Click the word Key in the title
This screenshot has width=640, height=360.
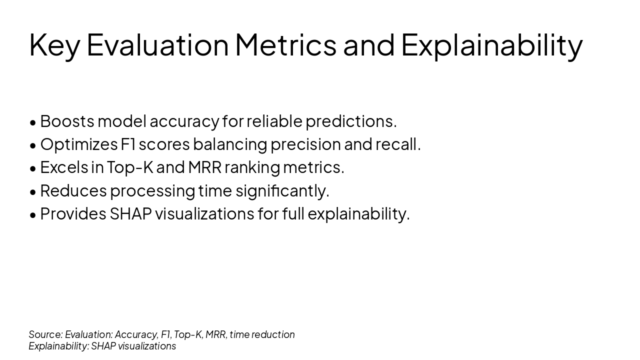point(54,45)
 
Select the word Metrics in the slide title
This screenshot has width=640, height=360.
point(285,45)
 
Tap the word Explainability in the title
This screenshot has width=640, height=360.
point(491,45)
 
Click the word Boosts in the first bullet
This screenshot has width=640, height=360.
point(67,121)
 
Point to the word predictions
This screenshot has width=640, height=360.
point(350,121)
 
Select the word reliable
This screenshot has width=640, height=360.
point(274,121)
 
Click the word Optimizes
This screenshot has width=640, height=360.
point(78,144)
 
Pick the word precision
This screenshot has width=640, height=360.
point(305,144)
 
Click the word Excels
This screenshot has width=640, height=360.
point(64,167)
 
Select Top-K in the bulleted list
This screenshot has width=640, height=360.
point(130,167)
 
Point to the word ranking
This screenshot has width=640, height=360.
point(252,167)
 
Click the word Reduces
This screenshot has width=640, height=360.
point(73,190)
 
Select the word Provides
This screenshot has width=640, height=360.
point(73,213)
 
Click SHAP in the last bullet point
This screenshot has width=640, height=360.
point(130,213)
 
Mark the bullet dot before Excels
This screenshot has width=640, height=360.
point(33,168)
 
